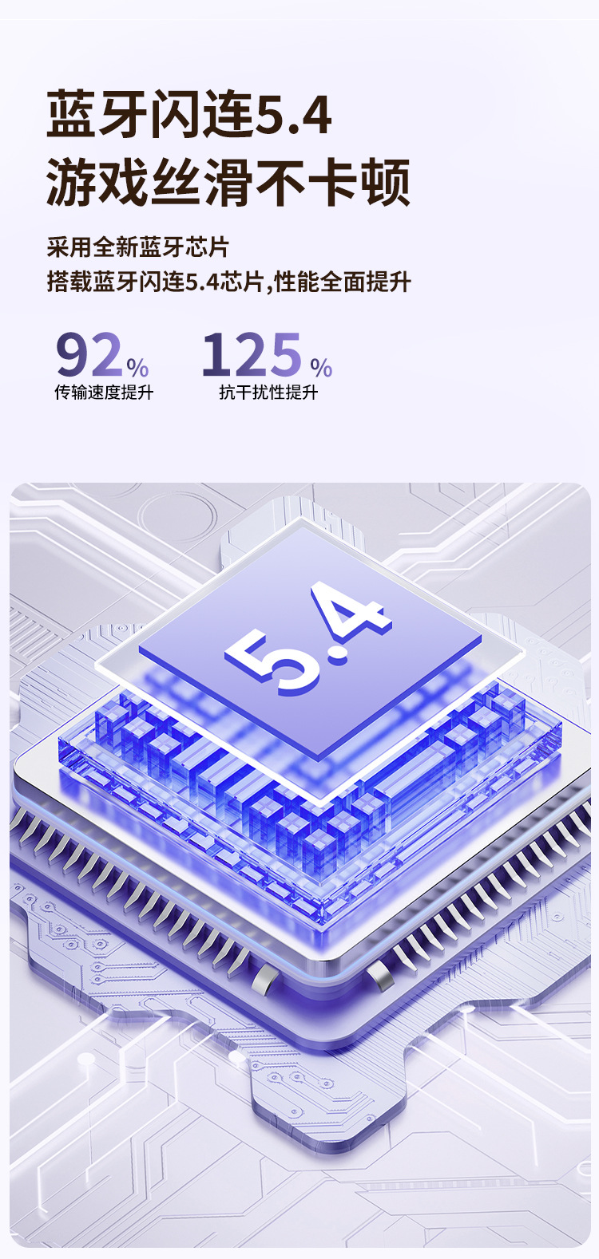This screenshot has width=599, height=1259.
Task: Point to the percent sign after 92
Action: [x=138, y=368]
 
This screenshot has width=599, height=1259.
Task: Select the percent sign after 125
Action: [x=321, y=368]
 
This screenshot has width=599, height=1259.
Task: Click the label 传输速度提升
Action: [x=104, y=393]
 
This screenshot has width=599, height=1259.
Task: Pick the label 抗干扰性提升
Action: [x=269, y=393]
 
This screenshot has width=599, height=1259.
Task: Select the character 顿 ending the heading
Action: [x=385, y=182]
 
